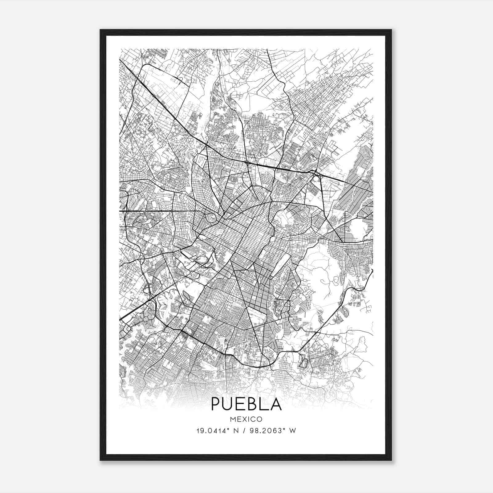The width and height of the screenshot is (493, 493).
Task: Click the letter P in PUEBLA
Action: point(216,404)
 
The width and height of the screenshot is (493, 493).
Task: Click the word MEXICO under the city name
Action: point(246,419)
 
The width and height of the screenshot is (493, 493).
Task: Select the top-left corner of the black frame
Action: point(100,30)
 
